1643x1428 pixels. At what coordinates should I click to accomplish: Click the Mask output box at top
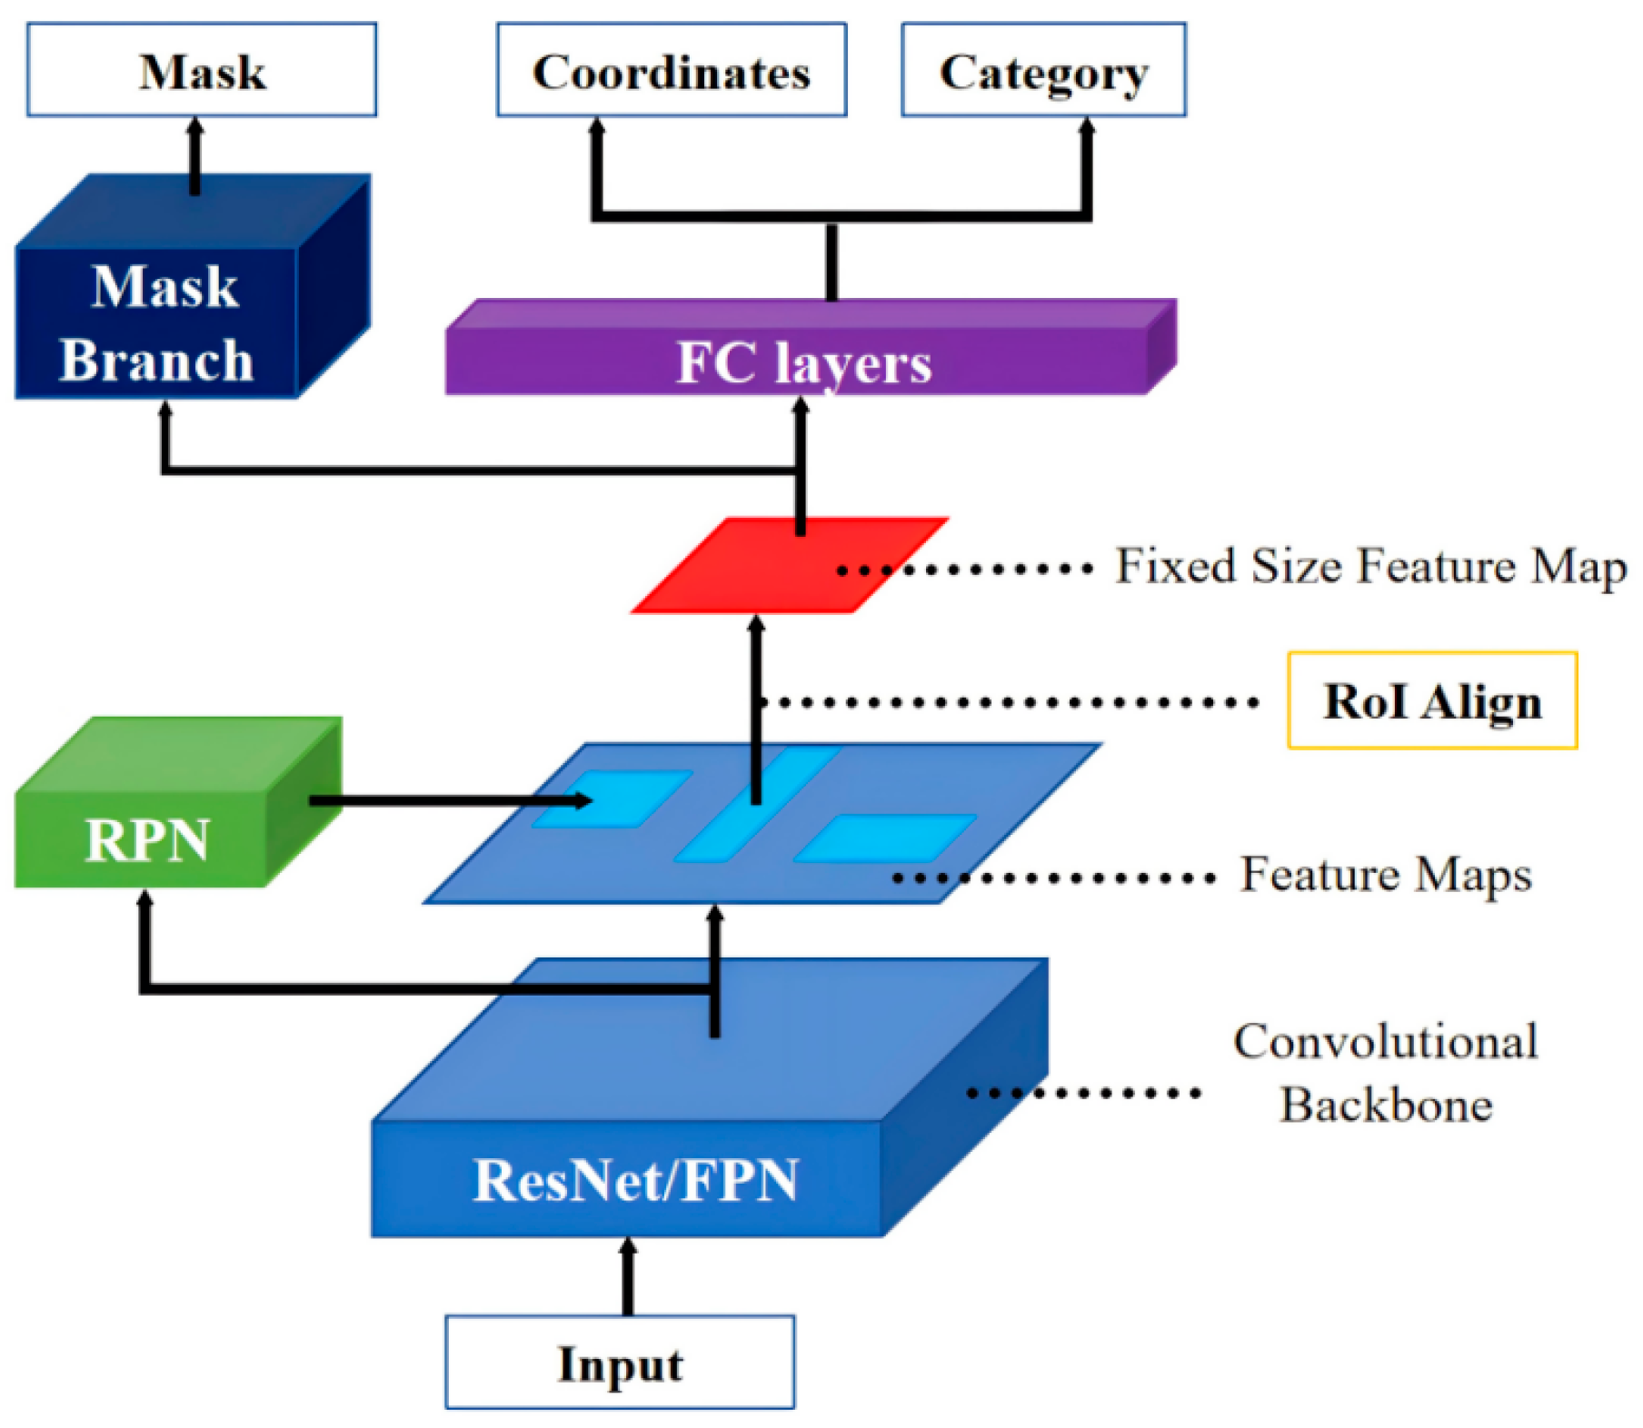pos(201,70)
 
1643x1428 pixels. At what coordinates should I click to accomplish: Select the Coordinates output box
pos(671,70)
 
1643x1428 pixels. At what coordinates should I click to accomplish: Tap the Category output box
pos(1042,70)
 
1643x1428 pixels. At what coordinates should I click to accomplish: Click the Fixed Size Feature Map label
pos(1369,567)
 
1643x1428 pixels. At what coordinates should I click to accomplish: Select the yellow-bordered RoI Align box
pos(1431,700)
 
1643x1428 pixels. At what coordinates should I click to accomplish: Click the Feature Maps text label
pos(1385,875)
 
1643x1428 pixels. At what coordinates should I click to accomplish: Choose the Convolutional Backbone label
pos(1385,1073)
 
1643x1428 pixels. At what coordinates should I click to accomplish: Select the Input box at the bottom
pos(619,1362)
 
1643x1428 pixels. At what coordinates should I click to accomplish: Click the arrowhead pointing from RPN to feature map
pos(582,800)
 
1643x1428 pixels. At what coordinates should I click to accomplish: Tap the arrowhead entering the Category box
pos(1086,127)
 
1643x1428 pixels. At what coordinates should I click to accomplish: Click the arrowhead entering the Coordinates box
pos(596,127)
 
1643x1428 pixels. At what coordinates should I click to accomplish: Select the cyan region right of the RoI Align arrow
pos(883,838)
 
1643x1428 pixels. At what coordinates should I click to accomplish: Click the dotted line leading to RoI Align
pos(1009,702)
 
